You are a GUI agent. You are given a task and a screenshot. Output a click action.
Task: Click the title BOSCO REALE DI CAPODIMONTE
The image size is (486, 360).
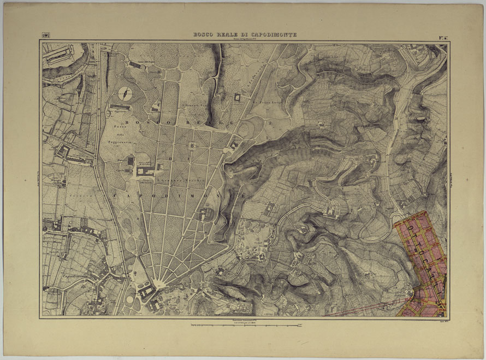(x=245, y=34)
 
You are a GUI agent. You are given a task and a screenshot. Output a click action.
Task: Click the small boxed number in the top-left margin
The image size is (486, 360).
(x=44, y=37)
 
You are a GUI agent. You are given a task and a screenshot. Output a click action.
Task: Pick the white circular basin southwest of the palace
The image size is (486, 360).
(x=130, y=299)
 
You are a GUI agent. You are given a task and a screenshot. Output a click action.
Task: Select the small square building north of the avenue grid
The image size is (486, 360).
(x=238, y=97)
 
